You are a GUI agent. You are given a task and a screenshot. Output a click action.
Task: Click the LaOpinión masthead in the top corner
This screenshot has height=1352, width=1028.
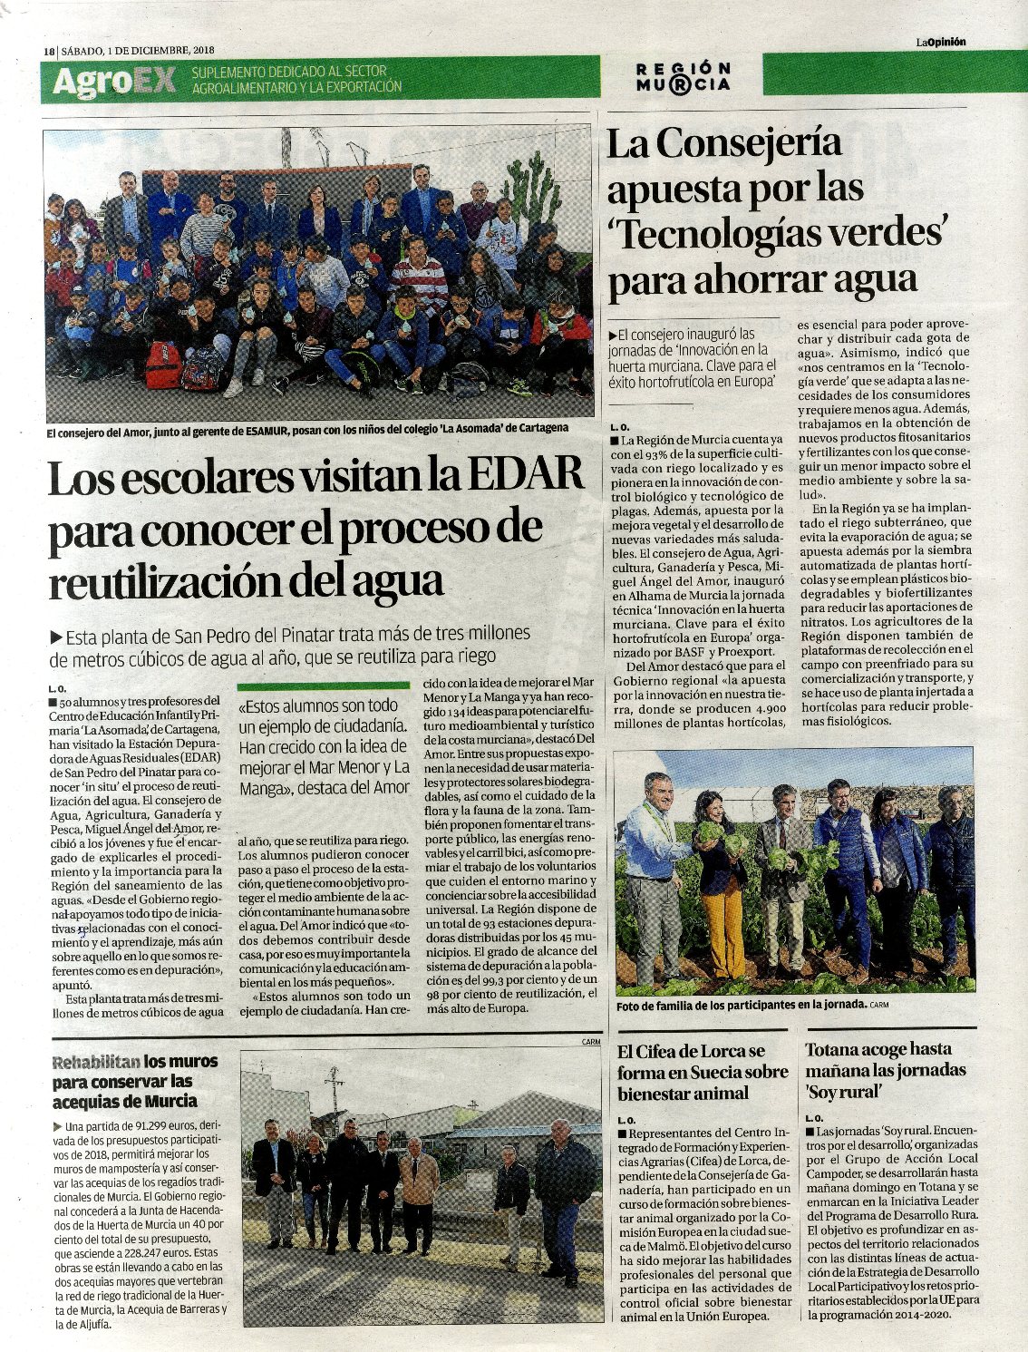pyautogui.click(x=940, y=41)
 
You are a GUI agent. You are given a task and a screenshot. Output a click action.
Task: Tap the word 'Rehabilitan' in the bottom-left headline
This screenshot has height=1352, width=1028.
pyautogui.click(x=96, y=1062)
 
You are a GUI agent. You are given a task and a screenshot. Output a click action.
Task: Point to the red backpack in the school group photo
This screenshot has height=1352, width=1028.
pyautogui.click(x=164, y=362)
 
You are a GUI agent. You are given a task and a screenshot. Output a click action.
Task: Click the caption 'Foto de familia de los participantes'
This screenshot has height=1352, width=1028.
pyautogui.click(x=739, y=1006)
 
